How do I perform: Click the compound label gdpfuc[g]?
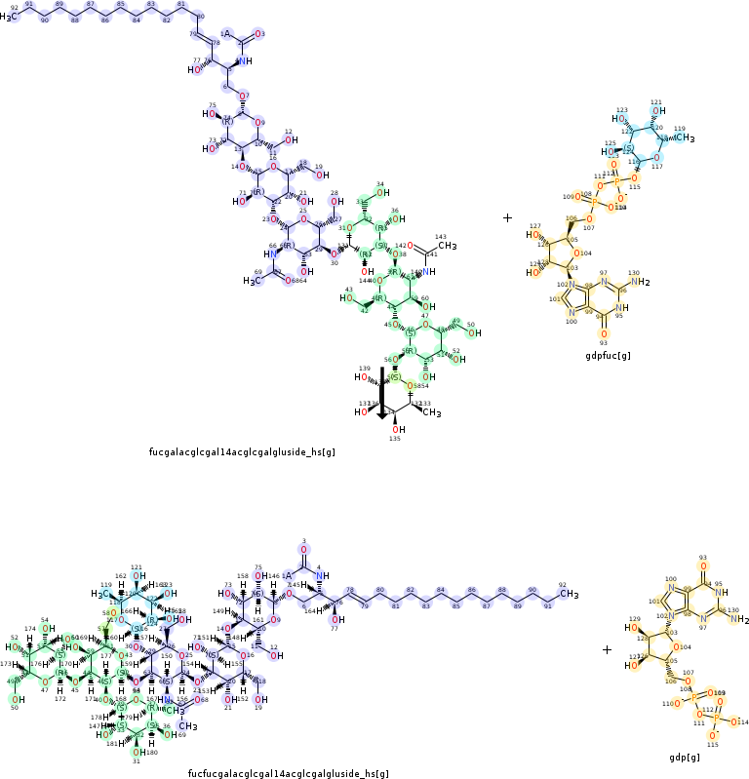(608, 355)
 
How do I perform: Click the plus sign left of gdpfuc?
(507, 218)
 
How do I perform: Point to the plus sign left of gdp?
(607, 649)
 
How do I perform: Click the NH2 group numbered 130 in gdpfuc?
(639, 283)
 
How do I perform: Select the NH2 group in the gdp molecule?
(735, 620)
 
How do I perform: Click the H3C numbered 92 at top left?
(12, 17)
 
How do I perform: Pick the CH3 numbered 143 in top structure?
(447, 246)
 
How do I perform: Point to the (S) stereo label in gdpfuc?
(630, 148)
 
